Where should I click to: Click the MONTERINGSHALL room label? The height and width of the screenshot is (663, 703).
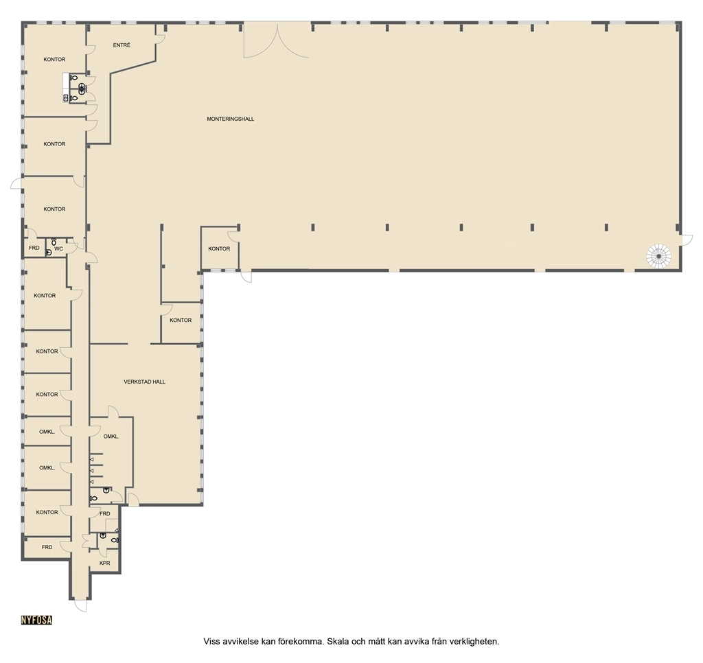(x=231, y=119)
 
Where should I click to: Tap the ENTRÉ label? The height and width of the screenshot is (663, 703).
(x=122, y=45)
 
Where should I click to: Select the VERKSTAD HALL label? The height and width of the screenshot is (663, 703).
(x=144, y=382)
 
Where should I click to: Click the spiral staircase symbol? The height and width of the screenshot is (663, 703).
(x=659, y=256)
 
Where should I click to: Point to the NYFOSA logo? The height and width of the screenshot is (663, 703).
(x=37, y=620)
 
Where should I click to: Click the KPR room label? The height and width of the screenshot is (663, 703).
(x=105, y=563)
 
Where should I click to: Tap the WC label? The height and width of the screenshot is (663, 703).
(x=59, y=248)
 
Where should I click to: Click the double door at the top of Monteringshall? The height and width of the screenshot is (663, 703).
(x=277, y=41)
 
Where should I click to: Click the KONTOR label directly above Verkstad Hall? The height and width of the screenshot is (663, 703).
(x=181, y=320)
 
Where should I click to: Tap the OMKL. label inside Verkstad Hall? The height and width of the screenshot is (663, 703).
(x=111, y=437)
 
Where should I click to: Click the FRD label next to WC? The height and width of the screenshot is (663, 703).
(x=34, y=248)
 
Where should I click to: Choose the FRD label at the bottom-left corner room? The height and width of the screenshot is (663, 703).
(x=47, y=547)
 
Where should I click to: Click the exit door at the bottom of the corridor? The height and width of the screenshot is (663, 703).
(x=81, y=605)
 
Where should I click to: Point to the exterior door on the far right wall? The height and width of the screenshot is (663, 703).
(x=687, y=240)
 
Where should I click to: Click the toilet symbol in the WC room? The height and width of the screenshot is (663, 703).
(x=54, y=241)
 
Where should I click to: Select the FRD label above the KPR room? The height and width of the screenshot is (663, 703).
(x=104, y=514)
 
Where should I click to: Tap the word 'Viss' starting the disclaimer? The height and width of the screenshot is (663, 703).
(x=212, y=642)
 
